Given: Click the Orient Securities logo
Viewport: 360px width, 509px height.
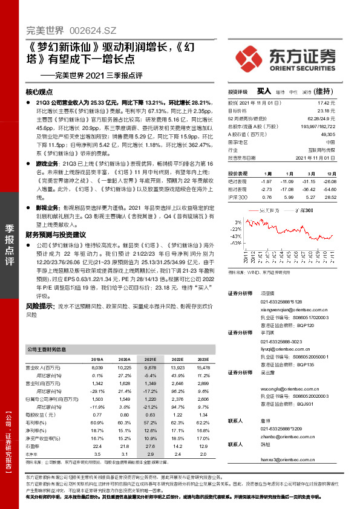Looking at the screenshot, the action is pyautogui.click(x=296, y=59).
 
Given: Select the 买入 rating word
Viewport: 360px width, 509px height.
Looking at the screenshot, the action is pyautogui.click(x=264, y=91).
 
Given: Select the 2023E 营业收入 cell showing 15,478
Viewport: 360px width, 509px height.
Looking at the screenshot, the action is pyautogui.click(x=203, y=367).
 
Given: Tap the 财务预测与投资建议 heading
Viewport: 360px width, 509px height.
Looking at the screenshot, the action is pyautogui.click(x=56, y=234).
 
